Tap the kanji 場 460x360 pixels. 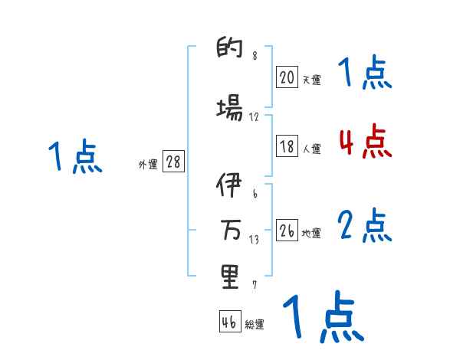[229, 108]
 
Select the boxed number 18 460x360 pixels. [287, 146]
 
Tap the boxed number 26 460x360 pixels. [287, 231]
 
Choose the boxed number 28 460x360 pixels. [173, 162]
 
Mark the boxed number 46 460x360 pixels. [229, 322]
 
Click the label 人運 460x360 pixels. [312, 149]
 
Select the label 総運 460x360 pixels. [255, 325]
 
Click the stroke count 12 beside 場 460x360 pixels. [255, 117]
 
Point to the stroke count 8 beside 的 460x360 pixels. [255, 56]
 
